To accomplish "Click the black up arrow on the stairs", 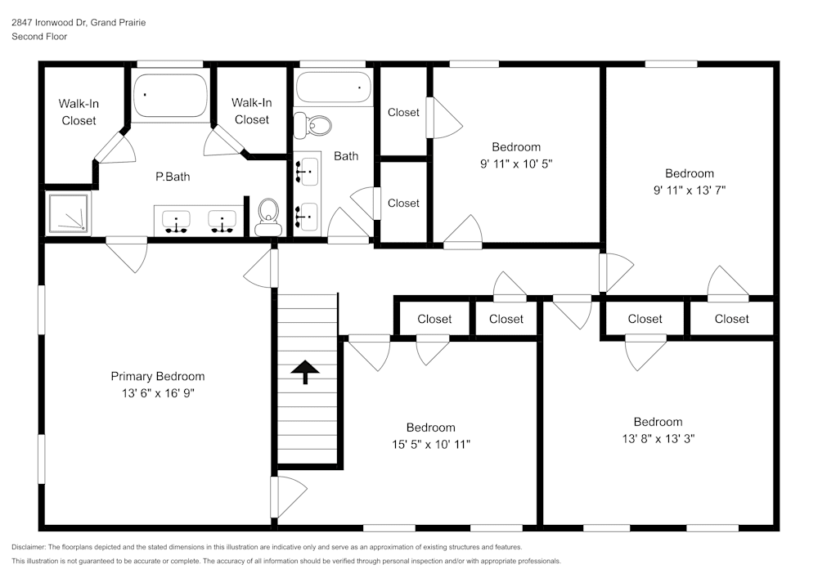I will click(305, 372).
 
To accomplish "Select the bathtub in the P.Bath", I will click(170, 96).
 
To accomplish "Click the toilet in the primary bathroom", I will click(268, 216).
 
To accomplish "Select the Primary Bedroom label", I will click(158, 376).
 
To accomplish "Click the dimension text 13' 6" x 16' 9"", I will click(158, 393).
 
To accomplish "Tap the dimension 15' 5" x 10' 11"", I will click(431, 444).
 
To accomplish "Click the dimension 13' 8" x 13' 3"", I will click(658, 438).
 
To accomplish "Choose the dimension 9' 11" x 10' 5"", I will click(516, 164).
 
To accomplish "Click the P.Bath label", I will click(173, 177).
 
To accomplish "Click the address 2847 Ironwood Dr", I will click(50, 23).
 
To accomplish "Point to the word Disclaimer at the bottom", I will click(29, 547).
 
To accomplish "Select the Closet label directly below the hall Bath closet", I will click(403, 203).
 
